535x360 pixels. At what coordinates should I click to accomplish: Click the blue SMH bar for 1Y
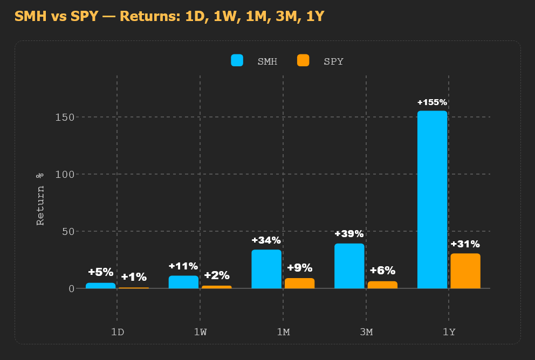[x=432, y=199]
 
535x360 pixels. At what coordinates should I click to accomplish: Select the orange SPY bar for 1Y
[x=465, y=271]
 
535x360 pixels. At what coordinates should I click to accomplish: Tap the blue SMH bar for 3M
[x=349, y=266]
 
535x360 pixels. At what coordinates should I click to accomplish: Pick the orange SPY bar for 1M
[x=299, y=283]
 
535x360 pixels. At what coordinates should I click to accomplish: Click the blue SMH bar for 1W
[x=183, y=282]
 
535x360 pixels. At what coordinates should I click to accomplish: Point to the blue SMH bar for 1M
[x=266, y=269]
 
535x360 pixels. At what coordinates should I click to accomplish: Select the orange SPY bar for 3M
[x=382, y=285]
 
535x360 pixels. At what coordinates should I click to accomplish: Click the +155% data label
[x=432, y=102]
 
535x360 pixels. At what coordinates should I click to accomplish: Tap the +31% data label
[x=465, y=244]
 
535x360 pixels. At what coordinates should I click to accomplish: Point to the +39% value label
[x=349, y=234]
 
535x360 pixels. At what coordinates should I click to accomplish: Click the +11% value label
[x=183, y=266]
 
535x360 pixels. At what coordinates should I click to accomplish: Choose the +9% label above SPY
[x=299, y=268]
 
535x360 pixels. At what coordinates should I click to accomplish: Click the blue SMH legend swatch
[x=237, y=60]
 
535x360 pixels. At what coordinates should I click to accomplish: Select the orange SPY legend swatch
[x=303, y=60]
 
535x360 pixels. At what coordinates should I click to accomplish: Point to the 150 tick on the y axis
[x=65, y=117]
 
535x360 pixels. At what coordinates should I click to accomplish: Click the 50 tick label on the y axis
[x=68, y=232]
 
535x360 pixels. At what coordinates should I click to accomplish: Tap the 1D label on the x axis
[x=118, y=331]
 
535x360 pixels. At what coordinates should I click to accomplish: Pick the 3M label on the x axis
[x=366, y=331]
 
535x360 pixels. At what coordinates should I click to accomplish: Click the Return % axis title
[x=40, y=199]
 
